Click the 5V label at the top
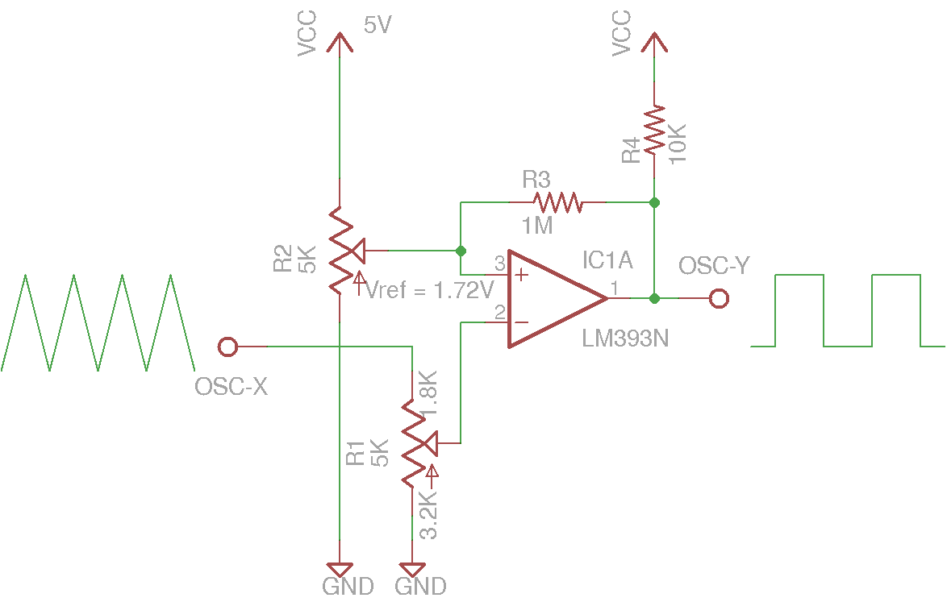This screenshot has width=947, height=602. pos(377,26)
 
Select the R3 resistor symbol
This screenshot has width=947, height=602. pos(557,201)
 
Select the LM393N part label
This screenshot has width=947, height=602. pos(625,339)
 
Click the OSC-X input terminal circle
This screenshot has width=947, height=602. pos(228,347)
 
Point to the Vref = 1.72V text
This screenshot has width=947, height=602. pos(429,291)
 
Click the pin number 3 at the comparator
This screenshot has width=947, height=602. pos(499,264)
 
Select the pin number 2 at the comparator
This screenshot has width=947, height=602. pos(499,312)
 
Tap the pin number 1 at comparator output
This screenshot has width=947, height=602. pos(615,287)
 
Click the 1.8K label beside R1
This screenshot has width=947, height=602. pos(428,392)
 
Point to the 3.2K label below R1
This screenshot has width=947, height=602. pos(429,516)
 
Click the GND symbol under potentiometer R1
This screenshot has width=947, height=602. pos(412,569)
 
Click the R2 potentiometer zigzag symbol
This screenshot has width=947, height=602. pos(340,250)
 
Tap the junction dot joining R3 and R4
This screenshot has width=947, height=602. pos(654,201)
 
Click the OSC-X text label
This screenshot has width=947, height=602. pos(231,388)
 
